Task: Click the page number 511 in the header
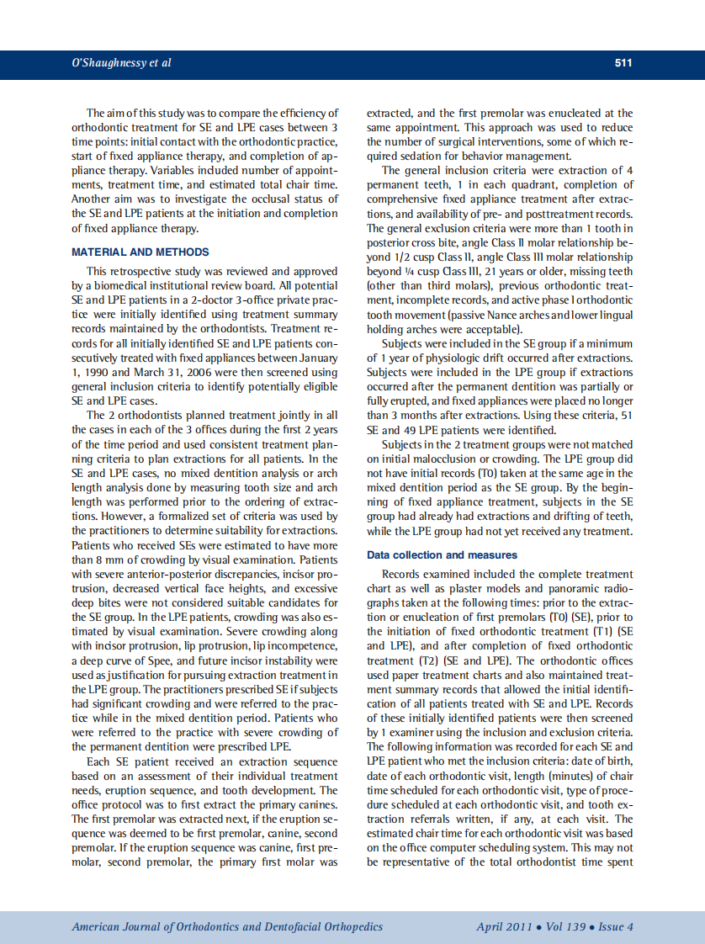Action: tap(623, 63)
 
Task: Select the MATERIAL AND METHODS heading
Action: tap(140, 252)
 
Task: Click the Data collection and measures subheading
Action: tap(442, 555)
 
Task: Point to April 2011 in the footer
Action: tap(504, 927)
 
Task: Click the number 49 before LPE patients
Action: tap(414, 430)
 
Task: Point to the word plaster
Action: tap(486, 588)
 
